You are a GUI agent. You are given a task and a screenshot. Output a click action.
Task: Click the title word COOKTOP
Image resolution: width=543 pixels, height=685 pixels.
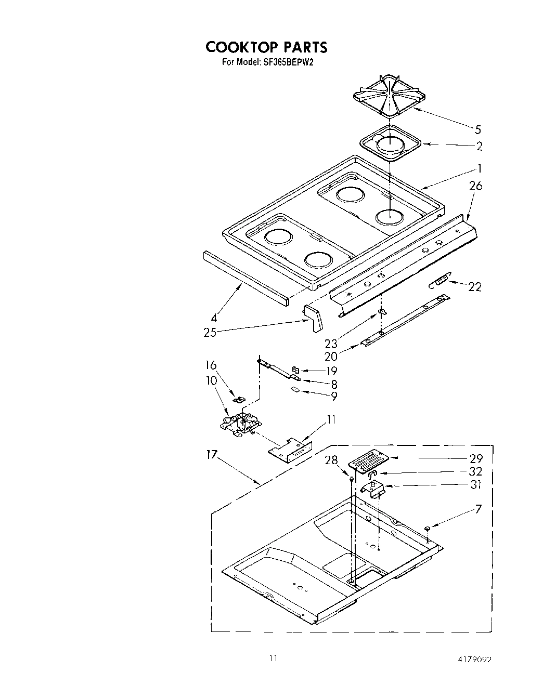(x=241, y=47)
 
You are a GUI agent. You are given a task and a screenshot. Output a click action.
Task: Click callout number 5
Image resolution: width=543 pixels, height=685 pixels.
(x=477, y=129)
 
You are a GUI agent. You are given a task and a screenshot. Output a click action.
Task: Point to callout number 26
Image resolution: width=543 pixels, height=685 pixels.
(x=475, y=186)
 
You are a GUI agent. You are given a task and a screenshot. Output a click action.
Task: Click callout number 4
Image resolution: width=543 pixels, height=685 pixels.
(x=214, y=318)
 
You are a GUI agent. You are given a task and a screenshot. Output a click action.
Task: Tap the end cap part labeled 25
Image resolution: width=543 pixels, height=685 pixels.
(x=314, y=318)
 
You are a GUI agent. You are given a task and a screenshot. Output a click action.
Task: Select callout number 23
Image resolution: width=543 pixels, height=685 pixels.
(x=331, y=343)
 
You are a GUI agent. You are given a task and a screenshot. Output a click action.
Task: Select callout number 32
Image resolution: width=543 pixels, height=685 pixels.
(x=475, y=471)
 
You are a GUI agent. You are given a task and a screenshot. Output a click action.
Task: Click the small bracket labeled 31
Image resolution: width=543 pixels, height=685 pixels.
(x=374, y=489)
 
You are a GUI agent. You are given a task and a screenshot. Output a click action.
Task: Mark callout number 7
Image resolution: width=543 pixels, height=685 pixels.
(x=477, y=509)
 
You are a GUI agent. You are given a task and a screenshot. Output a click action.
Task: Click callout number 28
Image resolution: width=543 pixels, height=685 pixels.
(x=331, y=460)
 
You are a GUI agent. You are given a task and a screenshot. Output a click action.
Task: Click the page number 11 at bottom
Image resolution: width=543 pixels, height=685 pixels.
(x=273, y=658)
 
